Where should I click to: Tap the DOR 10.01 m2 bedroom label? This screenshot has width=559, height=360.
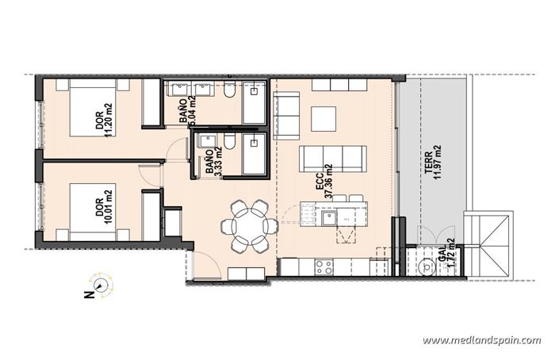pos(104,202)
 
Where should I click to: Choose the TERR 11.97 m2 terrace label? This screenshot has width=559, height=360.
pos(432,163)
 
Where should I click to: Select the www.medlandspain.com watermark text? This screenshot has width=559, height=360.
pos(481,340)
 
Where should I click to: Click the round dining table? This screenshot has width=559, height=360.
pos(250,225)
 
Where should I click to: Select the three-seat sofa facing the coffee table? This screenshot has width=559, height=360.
pos(334,159)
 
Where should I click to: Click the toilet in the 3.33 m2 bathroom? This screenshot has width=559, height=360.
pos(228,142)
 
